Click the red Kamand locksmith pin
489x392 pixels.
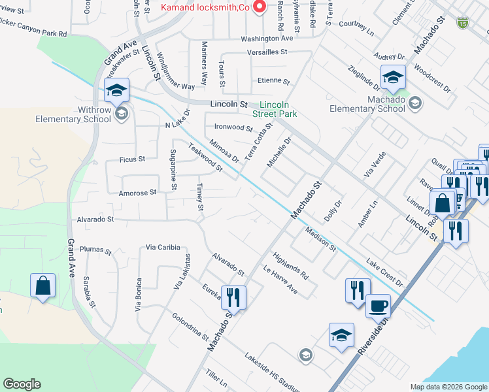tap(260, 7)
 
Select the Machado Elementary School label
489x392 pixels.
tap(367, 104)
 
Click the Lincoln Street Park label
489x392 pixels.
tap(278, 109)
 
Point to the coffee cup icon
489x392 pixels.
tap(377, 306)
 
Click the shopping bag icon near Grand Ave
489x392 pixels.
tap(42, 286)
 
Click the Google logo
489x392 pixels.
tap(22, 384)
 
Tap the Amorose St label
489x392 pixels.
tap(138, 193)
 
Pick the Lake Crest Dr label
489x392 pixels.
tap(385, 273)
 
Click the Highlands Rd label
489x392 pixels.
tap(291, 265)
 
